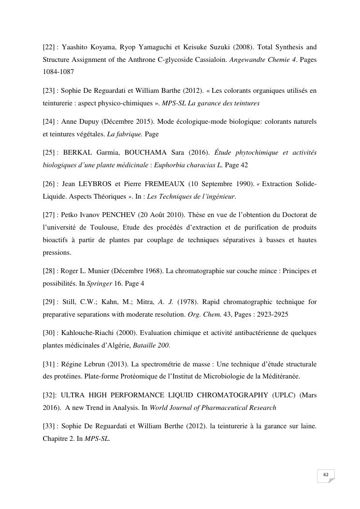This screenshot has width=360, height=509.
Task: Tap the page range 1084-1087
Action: pyautogui.click(x=57, y=71)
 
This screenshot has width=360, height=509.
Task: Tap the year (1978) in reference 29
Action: pyautogui.click(x=187, y=302)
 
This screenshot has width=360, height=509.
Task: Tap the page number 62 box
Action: pyautogui.click(x=326, y=476)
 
